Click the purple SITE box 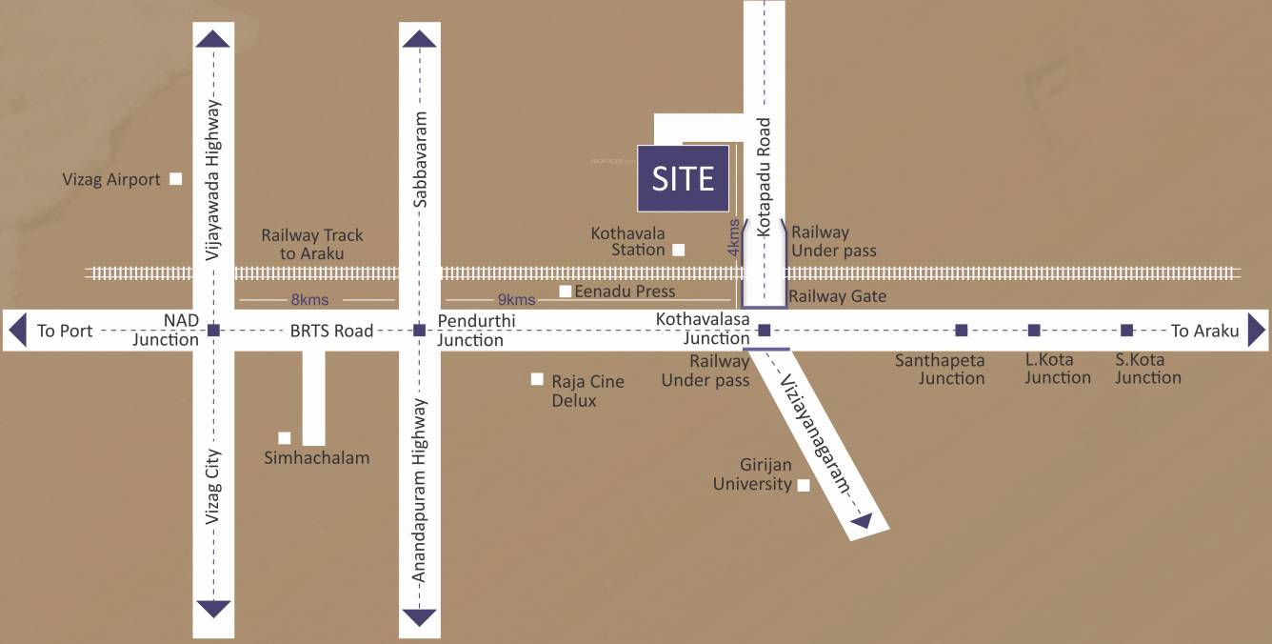(683, 178)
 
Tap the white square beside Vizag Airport (175, 178)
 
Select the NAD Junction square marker (213, 331)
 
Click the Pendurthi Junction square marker (419, 331)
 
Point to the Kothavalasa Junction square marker (764, 331)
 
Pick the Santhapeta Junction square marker (962, 331)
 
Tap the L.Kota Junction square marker (1034, 331)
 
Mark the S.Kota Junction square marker (1127, 331)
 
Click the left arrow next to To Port (16, 331)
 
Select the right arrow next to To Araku (1257, 331)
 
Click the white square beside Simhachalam (284, 437)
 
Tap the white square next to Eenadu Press (566, 292)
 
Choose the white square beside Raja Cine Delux (537, 379)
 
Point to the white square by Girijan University (804, 485)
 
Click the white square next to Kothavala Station (678, 250)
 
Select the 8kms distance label (309, 300)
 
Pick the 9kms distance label (516, 300)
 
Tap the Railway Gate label (837, 296)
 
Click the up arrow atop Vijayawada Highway (213, 38)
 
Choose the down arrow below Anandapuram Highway (419, 617)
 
